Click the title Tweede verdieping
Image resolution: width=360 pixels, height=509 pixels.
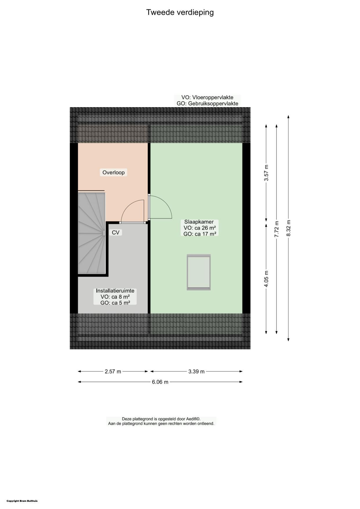(x=180, y=12)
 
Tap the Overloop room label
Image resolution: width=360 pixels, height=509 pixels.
(x=114, y=172)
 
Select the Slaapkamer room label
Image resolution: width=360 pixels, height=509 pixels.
(x=199, y=222)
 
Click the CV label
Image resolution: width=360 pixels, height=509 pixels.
(x=116, y=232)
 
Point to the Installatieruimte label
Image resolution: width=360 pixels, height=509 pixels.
(x=115, y=290)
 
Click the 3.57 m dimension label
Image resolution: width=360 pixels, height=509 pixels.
(x=266, y=173)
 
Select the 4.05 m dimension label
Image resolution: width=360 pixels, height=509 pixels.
(x=266, y=279)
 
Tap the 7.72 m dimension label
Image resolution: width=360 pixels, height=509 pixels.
(x=277, y=229)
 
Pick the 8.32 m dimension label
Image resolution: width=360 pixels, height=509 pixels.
(x=288, y=228)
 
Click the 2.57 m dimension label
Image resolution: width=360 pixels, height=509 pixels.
(x=113, y=371)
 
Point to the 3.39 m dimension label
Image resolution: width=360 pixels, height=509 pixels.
(x=197, y=371)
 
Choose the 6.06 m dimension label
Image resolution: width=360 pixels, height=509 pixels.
(x=160, y=382)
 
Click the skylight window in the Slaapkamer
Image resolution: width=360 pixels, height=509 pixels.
(x=199, y=272)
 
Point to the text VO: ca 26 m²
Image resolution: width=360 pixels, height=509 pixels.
(x=199, y=228)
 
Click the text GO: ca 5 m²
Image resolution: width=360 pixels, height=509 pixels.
(x=115, y=303)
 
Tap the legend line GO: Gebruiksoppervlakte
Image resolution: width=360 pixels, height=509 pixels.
(x=207, y=104)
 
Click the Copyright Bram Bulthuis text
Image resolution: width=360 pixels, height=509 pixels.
(x=22, y=501)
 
